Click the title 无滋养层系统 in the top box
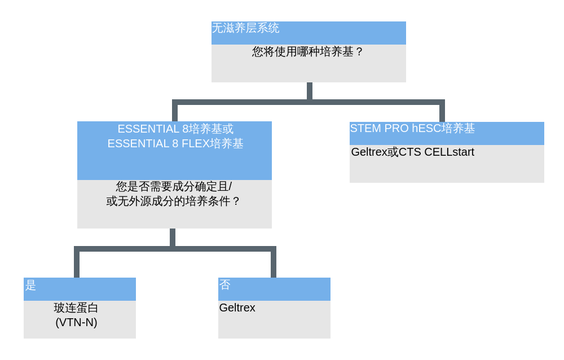[x=245, y=28]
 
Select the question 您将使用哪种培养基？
[x=308, y=52]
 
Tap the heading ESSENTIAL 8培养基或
[x=175, y=129]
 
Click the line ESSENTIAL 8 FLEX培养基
[x=175, y=143]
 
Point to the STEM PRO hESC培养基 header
[x=412, y=128]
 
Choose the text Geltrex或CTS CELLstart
[x=412, y=152]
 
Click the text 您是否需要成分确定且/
[x=174, y=186]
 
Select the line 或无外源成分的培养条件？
[x=174, y=201]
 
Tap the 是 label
[x=30, y=285]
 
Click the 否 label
[x=225, y=285]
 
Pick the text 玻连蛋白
[x=76, y=308]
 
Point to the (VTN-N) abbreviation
[x=76, y=322]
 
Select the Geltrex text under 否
[x=237, y=308]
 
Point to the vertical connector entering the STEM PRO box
[x=442, y=112]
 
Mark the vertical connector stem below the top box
[x=310, y=91]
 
